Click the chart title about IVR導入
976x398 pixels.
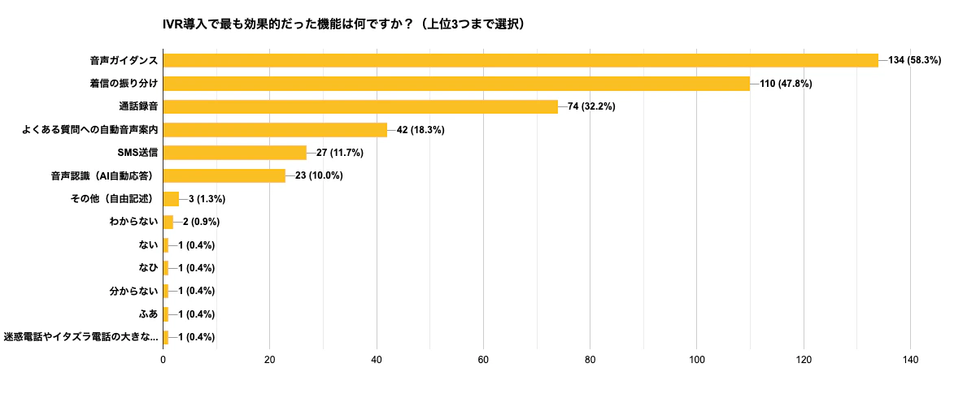(x=343, y=24)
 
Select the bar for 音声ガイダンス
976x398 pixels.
(x=521, y=60)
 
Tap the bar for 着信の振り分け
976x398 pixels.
(x=456, y=84)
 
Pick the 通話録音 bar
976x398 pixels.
(x=360, y=106)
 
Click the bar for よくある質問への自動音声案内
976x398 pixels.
(x=275, y=130)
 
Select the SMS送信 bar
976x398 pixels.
(x=235, y=153)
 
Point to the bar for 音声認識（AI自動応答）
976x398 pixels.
(x=224, y=175)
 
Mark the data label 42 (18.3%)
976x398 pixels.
(x=420, y=130)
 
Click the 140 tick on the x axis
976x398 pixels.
(x=910, y=360)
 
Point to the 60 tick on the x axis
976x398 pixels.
(x=483, y=360)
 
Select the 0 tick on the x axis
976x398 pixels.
(x=163, y=360)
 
